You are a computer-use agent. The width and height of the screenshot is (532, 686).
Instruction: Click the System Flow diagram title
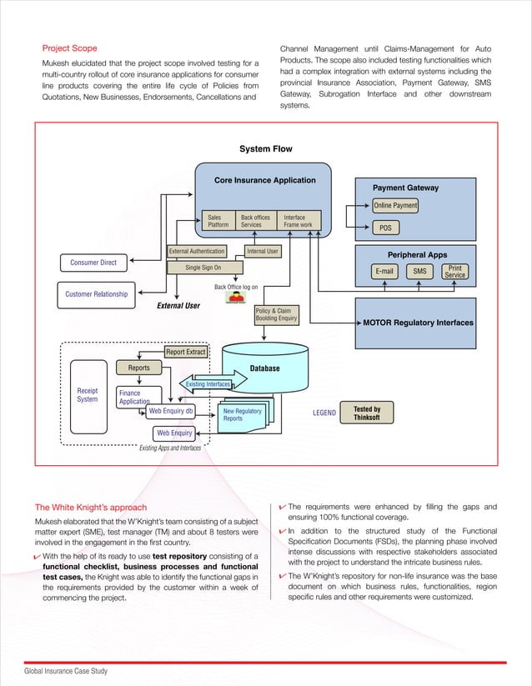(x=265, y=149)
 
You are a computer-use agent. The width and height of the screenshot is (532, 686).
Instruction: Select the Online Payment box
(x=395, y=206)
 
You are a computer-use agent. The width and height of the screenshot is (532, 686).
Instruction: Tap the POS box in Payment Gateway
(x=384, y=228)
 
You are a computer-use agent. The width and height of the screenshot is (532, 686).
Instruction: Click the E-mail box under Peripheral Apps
(x=384, y=271)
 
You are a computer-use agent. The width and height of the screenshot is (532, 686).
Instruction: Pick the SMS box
(x=419, y=271)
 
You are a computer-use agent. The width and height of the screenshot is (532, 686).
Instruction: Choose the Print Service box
(x=454, y=271)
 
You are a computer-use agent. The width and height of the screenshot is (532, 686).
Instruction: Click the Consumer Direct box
(x=93, y=263)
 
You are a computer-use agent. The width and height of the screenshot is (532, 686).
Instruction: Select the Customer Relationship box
(x=97, y=293)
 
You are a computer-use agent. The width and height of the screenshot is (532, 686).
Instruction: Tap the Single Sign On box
(x=203, y=268)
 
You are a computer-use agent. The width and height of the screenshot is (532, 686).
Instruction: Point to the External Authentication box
(x=197, y=251)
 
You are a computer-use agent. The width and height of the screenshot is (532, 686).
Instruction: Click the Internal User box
(x=263, y=251)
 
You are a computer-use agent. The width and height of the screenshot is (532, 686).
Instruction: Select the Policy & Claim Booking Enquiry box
(x=275, y=314)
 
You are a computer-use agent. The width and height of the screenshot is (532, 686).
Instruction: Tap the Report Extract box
(x=185, y=352)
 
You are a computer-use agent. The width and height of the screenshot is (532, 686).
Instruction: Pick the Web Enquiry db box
(x=171, y=411)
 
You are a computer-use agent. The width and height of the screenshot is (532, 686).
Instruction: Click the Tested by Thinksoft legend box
(x=367, y=413)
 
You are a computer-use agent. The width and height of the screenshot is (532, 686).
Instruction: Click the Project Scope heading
(x=70, y=48)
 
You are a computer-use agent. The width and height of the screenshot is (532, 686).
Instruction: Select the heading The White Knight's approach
(x=90, y=507)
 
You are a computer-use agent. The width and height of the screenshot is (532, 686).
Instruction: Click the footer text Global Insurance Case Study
(x=65, y=671)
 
